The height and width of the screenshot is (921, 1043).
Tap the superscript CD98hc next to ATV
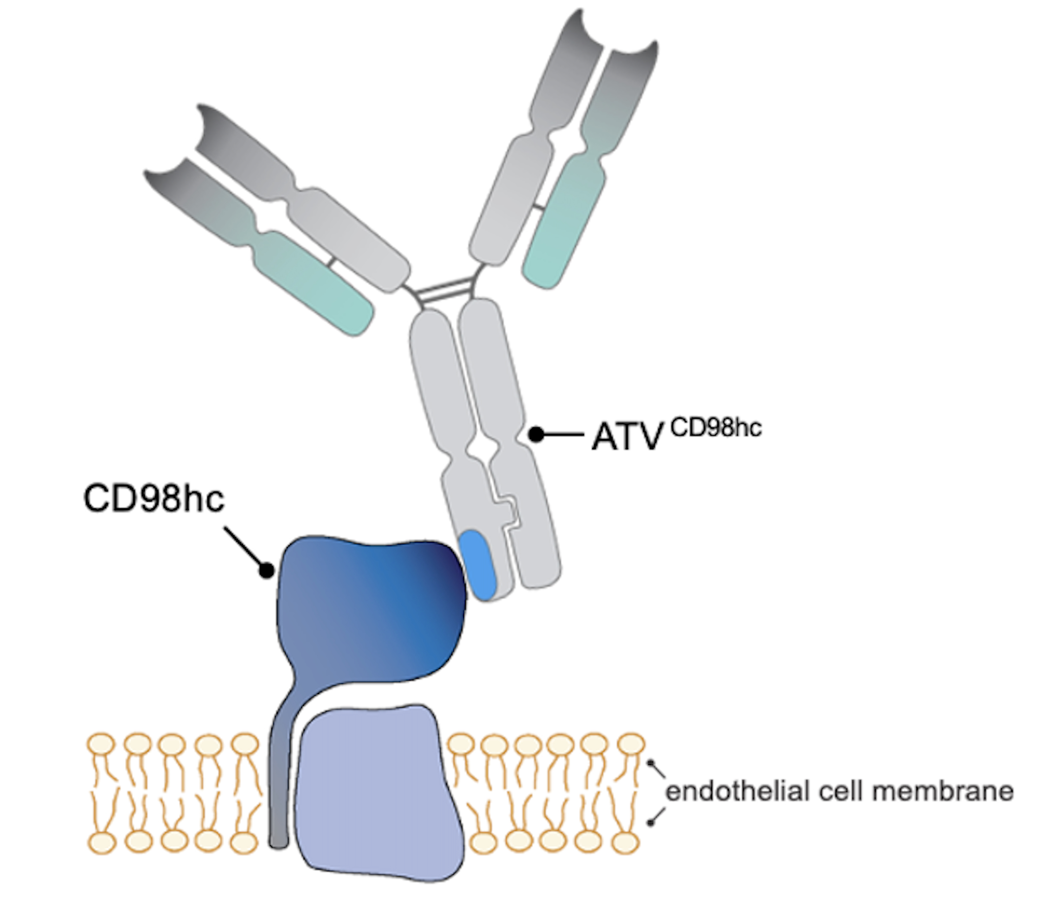716,427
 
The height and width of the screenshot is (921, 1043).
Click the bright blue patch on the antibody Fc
478,564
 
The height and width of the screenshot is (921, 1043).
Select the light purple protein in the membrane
378,791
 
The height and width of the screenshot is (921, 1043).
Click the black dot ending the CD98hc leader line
266,570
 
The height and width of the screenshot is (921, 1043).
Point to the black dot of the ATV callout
536,434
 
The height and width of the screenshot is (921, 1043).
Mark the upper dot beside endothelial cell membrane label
651,763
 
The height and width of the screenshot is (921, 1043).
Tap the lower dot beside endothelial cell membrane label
651,822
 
